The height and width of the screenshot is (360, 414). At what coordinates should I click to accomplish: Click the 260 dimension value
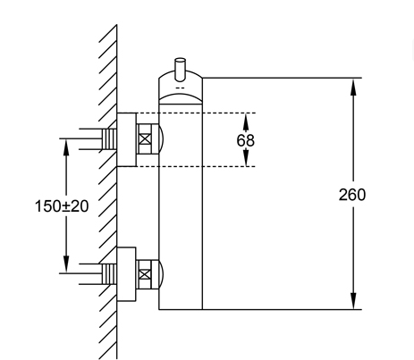[352, 195]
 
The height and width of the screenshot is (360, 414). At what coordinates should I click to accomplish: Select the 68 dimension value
[246, 140]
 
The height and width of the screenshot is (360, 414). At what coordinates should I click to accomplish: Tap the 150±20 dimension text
[62, 206]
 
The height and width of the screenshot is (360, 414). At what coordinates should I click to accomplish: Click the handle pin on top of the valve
[180, 70]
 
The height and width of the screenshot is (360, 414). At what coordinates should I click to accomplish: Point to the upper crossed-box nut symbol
[145, 139]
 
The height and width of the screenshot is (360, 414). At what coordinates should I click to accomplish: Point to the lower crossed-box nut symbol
[145, 274]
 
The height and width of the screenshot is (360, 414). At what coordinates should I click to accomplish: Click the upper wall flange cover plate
[127, 139]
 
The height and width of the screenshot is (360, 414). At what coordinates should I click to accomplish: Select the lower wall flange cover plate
[126, 274]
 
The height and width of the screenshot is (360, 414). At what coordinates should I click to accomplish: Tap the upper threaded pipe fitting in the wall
[109, 139]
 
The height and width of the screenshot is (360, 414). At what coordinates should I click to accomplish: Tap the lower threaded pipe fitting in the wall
[109, 274]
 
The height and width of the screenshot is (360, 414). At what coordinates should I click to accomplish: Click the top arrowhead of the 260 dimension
[353, 87]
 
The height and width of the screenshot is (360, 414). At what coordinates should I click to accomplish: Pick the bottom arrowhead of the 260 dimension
[353, 301]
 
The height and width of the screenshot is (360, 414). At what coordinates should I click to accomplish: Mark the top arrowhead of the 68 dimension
[246, 121]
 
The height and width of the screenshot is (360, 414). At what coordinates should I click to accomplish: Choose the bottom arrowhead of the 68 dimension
[246, 158]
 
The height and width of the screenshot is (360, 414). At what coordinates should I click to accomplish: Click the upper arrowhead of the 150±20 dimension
[66, 147]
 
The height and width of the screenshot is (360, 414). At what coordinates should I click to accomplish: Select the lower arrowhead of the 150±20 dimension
[66, 264]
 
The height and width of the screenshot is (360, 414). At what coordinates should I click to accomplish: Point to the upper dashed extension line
[196, 113]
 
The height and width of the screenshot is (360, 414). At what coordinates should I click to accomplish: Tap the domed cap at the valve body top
[181, 87]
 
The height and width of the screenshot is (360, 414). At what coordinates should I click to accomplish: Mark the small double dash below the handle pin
[180, 88]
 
